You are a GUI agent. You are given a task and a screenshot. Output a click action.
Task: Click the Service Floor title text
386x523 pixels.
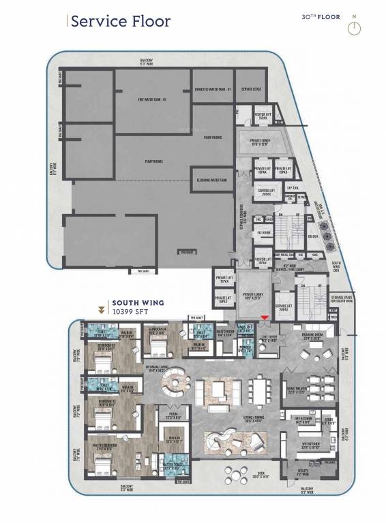click(x=120, y=21)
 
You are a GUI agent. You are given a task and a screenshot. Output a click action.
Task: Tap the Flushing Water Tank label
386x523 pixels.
click(x=212, y=180)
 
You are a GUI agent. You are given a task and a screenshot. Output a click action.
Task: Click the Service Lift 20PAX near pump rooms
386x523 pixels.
click(x=265, y=193)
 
